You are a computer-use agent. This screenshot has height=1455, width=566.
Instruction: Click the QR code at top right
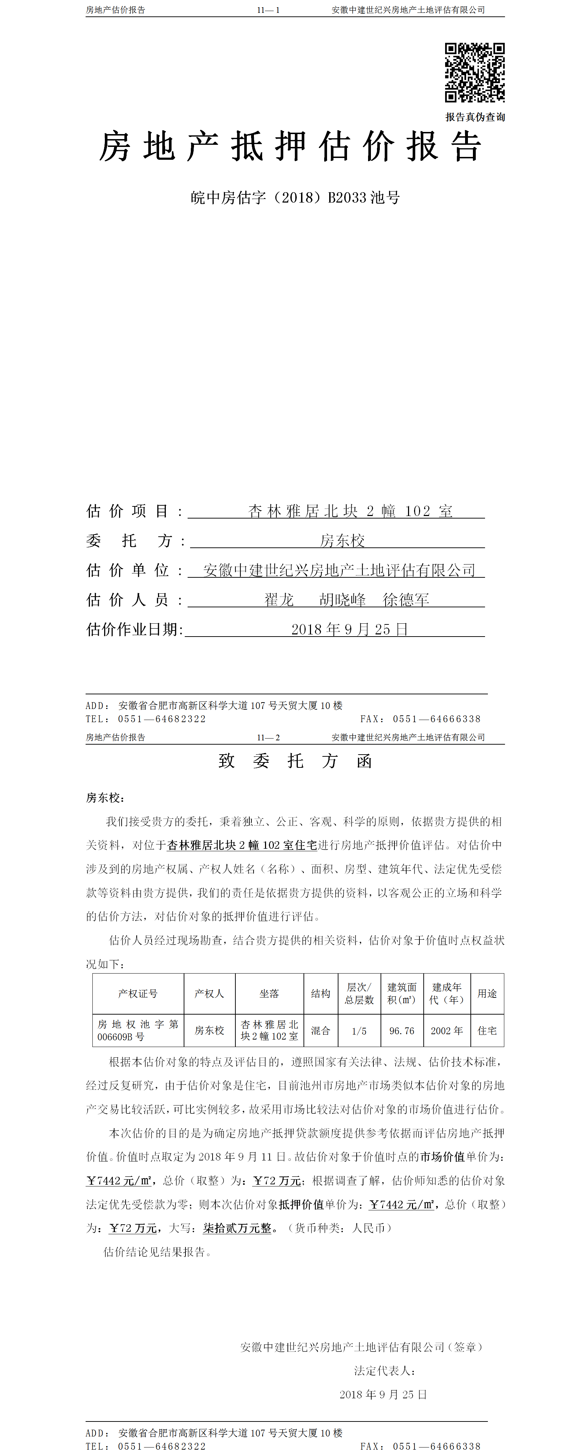[x=474, y=72]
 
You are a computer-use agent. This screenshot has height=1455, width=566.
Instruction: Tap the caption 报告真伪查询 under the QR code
[x=475, y=117]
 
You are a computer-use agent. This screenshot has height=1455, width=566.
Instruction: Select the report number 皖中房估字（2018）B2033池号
[x=295, y=198]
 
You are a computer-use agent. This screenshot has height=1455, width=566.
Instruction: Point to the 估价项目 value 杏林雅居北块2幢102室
[x=350, y=511]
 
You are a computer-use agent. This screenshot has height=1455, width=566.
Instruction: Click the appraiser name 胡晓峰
[x=342, y=600]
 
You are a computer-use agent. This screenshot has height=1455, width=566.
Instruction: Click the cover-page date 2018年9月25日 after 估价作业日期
[x=349, y=629]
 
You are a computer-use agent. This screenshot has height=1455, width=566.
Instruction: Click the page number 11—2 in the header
[x=268, y=737]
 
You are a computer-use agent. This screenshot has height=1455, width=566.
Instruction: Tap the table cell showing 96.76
[x=402, y=1031]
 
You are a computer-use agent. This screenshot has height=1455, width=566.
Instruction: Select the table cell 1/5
[x=359, y=1031]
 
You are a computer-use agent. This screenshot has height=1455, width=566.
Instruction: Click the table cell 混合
[x=320, y=1031]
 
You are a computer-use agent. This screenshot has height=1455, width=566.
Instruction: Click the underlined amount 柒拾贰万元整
[x=237, y=1228]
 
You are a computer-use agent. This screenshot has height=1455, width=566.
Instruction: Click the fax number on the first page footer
[x=437, y=719]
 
